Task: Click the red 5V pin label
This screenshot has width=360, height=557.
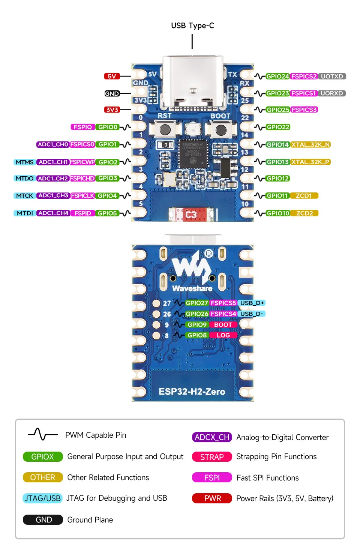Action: pos(112,76)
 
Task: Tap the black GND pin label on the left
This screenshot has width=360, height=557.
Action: pos(112,93)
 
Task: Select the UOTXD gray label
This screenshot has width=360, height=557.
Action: pos(332,76)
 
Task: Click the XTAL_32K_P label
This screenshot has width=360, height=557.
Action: pos(310,162)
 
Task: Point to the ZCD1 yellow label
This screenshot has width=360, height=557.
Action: pos(304,195)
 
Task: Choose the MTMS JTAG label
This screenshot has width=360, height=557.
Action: pos(24,162)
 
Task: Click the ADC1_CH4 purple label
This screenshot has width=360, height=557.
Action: pos(53,213)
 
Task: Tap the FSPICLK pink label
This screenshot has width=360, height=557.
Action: pos(82,195)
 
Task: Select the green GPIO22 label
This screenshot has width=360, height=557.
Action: pos(278,127)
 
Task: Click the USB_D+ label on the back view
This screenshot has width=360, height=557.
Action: pos(252,303)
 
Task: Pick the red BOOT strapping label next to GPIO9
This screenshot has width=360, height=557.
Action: pos(223,324)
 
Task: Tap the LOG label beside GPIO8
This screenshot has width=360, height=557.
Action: pos(223,335)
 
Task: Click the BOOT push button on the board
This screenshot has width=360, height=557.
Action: pos(221,130)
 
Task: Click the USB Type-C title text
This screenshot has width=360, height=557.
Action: pos(192,26)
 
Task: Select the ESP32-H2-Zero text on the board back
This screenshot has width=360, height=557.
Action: pos(192,392)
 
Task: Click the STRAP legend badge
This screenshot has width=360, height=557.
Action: pos(212,457)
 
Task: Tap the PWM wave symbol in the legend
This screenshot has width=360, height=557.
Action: pos(43,434)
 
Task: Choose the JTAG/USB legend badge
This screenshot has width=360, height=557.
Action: pos(42,498)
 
